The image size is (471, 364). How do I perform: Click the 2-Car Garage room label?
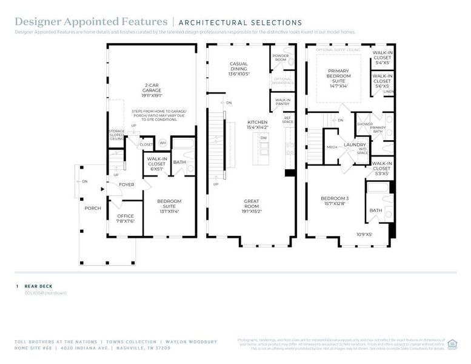pyautogui.click(x=152, y=89)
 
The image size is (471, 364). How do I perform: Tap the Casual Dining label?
pyautogui.click(x=238, y=69)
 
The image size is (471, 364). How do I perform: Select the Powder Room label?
pyautogui.click(x=280, y=58)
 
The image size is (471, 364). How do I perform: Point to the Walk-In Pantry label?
pyautogui.click(x=282, y=102)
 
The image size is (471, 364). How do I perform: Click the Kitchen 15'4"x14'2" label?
pyautogui.click(x=258, y=124)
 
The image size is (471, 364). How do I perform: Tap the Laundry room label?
pyautogui.click(x=355, y=146)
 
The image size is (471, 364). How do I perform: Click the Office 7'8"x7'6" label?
pyautogui.click(x=125, y=218)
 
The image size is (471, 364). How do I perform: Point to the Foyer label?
pyautogui.click(x=126, y=185)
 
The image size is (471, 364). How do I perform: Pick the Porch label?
pyautogui.click(x=93, y=208)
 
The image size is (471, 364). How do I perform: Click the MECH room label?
pyautogui.click(x=332, y=147)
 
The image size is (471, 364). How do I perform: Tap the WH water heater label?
pyautogui.click(x=162, y=143)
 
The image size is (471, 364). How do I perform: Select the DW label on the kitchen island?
pyautogui.click(x=264, y=138)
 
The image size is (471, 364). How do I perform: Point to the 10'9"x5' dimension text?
pyautogui.click(x=363, y=234)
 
